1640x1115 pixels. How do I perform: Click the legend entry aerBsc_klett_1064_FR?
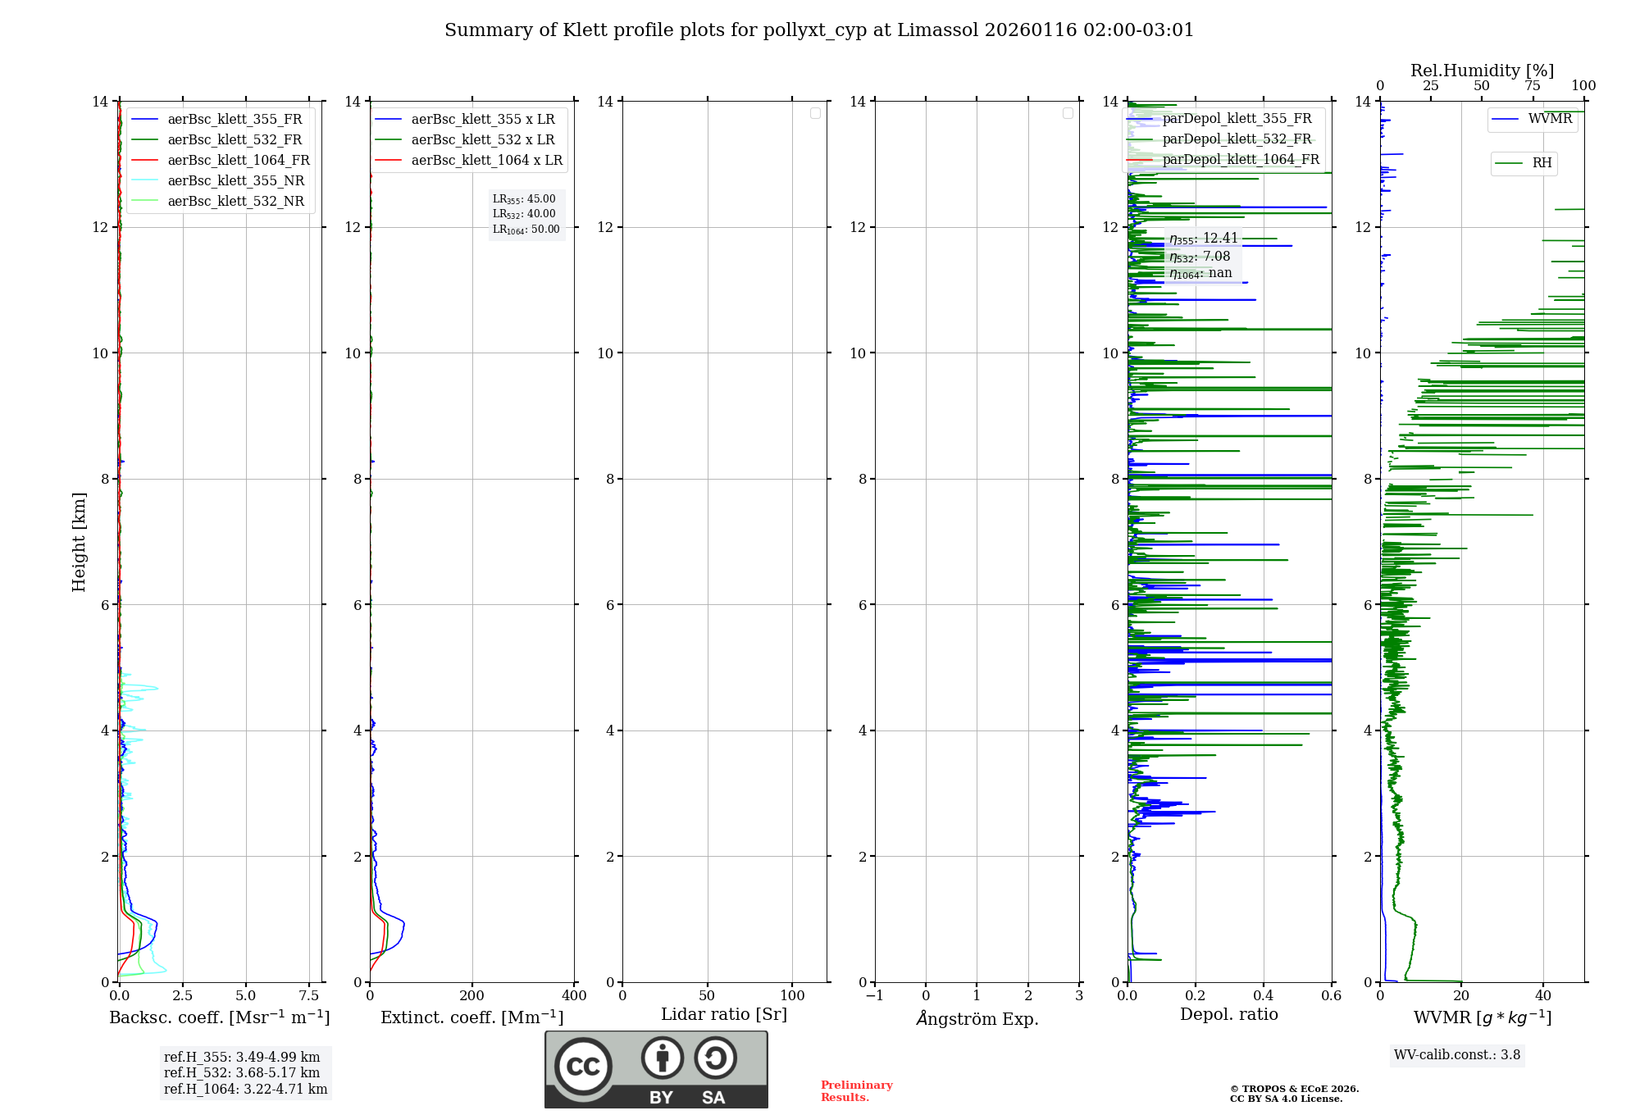click(239, 160)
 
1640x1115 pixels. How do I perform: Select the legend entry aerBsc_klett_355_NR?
click(235, 180)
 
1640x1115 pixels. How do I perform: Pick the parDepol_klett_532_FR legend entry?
click(1237, 139)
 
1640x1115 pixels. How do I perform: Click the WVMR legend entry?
click(1550, 119)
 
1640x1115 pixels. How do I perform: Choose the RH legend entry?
click(1542, 162)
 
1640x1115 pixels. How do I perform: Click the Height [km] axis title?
click(79, 541)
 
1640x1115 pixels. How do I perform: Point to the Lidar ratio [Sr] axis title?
click(724, 1014)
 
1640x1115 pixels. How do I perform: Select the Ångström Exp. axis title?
click(977, 1018)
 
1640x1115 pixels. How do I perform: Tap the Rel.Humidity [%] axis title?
click(1482, 71)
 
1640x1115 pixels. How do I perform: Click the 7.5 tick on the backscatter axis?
click(309, 995)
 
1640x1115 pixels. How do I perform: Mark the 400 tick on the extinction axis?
click(574, 995)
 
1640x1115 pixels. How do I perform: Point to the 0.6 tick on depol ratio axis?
click(1331, 995)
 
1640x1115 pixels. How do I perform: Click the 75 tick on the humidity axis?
click(1533, 86)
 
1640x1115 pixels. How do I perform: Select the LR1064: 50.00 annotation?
click(526, 230)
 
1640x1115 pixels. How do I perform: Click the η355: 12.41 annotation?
click(1203, 239)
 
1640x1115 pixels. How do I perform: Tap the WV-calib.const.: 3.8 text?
click(1457, 1055)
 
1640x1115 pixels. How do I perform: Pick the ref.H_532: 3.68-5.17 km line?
click(242, 1072)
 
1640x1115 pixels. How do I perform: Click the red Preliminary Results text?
click(856, 1090)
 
